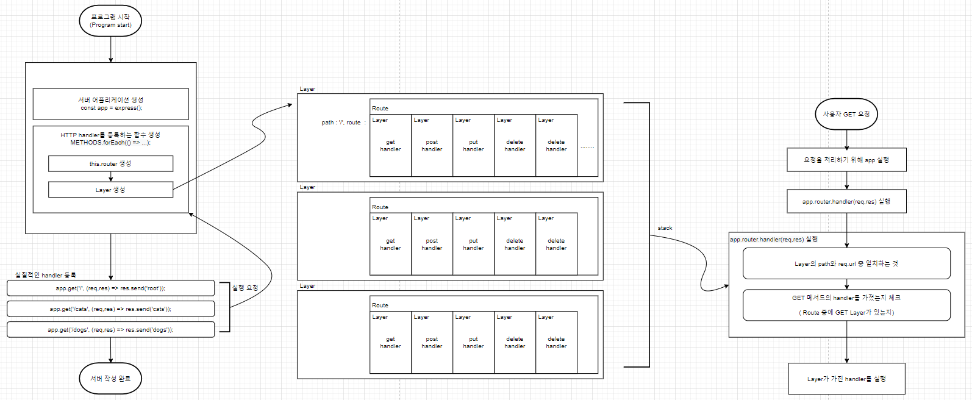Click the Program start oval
110,21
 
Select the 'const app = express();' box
110,104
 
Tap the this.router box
110,163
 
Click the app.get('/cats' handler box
110,309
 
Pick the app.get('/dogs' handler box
110,329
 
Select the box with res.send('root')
110,288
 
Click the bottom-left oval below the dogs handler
110,379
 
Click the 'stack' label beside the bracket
665,228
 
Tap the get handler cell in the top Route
390,146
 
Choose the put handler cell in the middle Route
473,244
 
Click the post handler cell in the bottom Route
432,343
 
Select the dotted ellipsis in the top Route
587,147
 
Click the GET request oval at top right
846,114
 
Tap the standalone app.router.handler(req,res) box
846,201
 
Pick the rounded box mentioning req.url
846,263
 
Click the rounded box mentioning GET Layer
846,305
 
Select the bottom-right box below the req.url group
846,379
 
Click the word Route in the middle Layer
380,207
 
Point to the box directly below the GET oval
846,160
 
